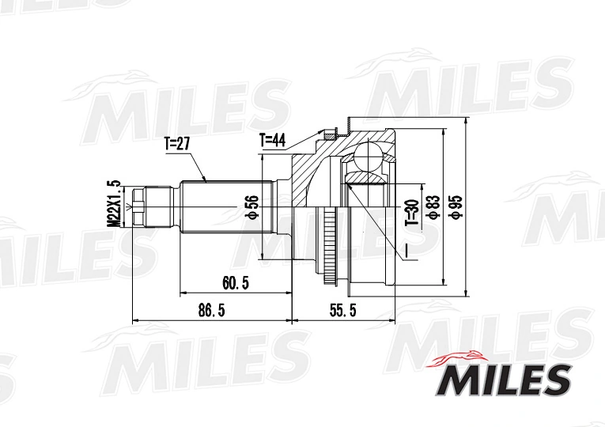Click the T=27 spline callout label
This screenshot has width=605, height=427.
point(177,144)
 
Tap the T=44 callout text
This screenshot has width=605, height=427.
point(272,141)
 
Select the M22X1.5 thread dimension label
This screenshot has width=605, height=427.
point(114,204)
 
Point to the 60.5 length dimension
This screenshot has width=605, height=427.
point(236,284)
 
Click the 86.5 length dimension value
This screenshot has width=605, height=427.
point(211,310)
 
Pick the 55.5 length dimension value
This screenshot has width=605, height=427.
point(343,310)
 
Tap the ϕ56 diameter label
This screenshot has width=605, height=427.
point(252,207)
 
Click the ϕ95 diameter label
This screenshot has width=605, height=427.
point(456,207)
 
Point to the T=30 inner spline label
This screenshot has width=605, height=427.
point(411,213)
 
